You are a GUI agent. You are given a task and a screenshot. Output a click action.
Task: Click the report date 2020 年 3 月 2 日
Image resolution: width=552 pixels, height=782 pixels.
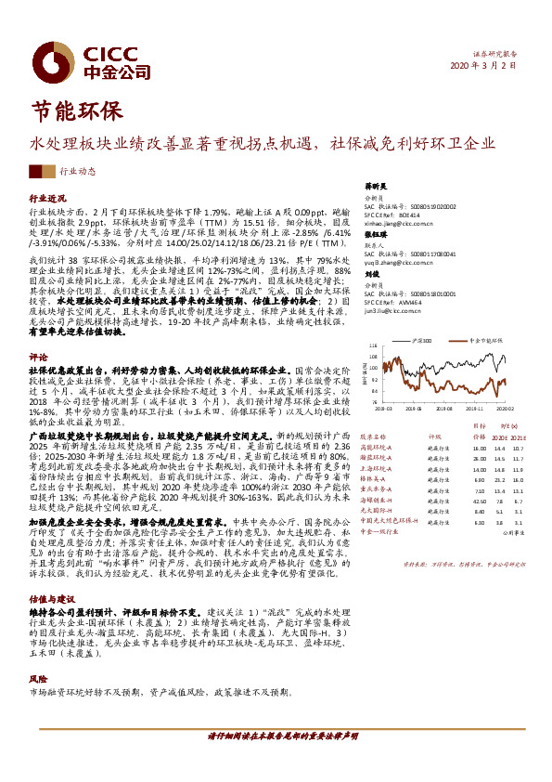point(493,68)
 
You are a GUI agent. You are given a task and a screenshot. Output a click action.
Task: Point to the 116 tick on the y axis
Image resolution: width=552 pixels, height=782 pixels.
point(374,345)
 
